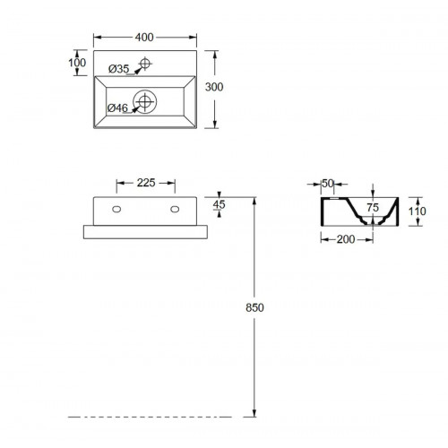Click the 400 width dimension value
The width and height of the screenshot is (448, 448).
pyautogui.click(x=144, y=38)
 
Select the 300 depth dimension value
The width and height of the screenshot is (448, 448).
pyautogui.click(x=214, y=87)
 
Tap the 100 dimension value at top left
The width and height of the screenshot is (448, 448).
pyautogui.click(x=77, y=63)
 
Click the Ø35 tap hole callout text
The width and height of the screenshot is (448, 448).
pyautogui.click(x=119, y=69)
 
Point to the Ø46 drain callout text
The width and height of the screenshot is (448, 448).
pyautogui.click(x=117, y=108)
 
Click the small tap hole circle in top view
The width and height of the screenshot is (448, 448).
pyautogui.click(x=145, y=64)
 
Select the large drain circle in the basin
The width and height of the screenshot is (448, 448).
pyautogui.click(x=145, y=101)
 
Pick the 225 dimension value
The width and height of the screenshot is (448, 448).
pyautogui.click(x=146, y=183)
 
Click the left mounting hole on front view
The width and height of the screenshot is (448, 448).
pyautogui.click(x=116, y=210)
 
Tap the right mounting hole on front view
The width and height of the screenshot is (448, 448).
pyautogui.click(x=175, y=210)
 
